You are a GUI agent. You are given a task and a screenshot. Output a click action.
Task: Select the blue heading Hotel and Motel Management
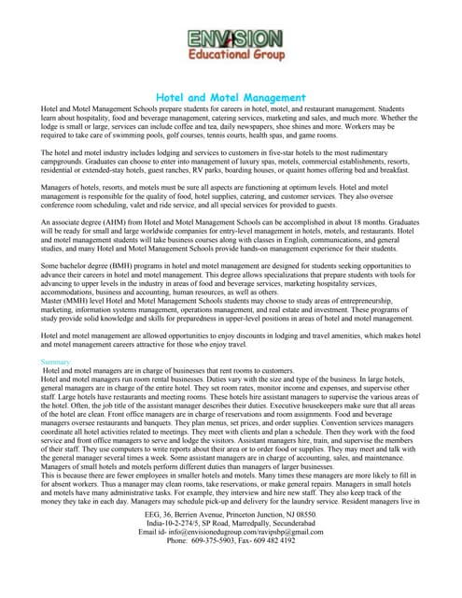coord(231,97)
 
